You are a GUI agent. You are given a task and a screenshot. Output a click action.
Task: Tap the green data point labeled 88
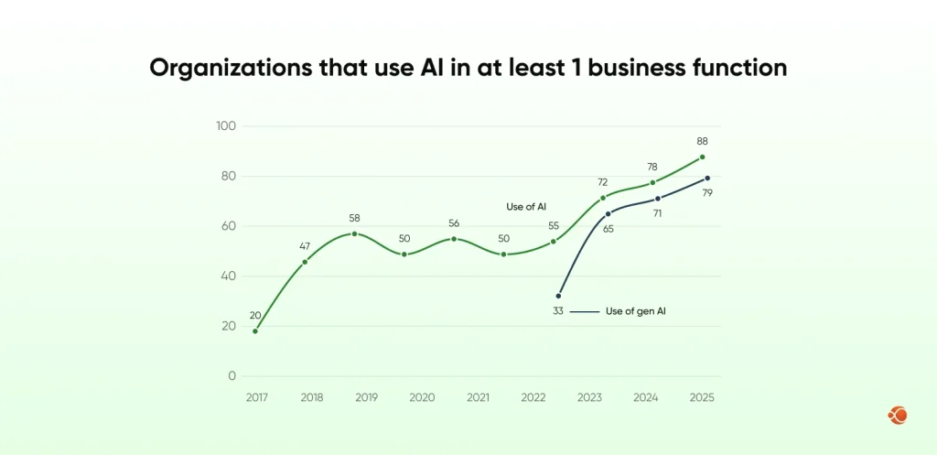point(702,157)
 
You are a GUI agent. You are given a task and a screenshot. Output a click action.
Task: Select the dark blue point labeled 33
point(558,296)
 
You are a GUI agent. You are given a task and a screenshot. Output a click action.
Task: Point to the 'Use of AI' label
point(527,206)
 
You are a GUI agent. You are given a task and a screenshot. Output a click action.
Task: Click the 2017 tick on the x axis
point(255,397)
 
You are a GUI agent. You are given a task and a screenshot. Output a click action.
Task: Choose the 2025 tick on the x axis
point(702,397)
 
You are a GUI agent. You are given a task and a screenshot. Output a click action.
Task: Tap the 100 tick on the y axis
point(225,125)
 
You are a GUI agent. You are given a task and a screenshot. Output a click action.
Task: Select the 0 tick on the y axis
point(231,375)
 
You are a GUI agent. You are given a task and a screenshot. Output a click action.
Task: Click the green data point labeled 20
point(255,330)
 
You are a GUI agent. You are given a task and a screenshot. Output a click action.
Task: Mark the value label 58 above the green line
point(355,218)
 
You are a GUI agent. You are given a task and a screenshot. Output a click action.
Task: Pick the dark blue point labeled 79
point(707,178)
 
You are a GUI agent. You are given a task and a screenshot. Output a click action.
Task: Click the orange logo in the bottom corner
point(897,416)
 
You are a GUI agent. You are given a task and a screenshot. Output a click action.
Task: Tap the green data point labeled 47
point(305,262)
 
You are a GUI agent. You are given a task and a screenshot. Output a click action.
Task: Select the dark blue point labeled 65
point(608,214)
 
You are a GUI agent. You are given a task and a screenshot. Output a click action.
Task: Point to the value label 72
point(602,181)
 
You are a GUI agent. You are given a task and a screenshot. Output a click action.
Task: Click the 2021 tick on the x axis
point(478,397)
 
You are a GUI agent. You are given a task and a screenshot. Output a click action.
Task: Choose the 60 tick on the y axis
point(228,226)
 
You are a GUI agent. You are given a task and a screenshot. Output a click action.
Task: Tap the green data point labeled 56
point(454,239)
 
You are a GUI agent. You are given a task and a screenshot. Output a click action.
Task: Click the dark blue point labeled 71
point(657,199)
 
